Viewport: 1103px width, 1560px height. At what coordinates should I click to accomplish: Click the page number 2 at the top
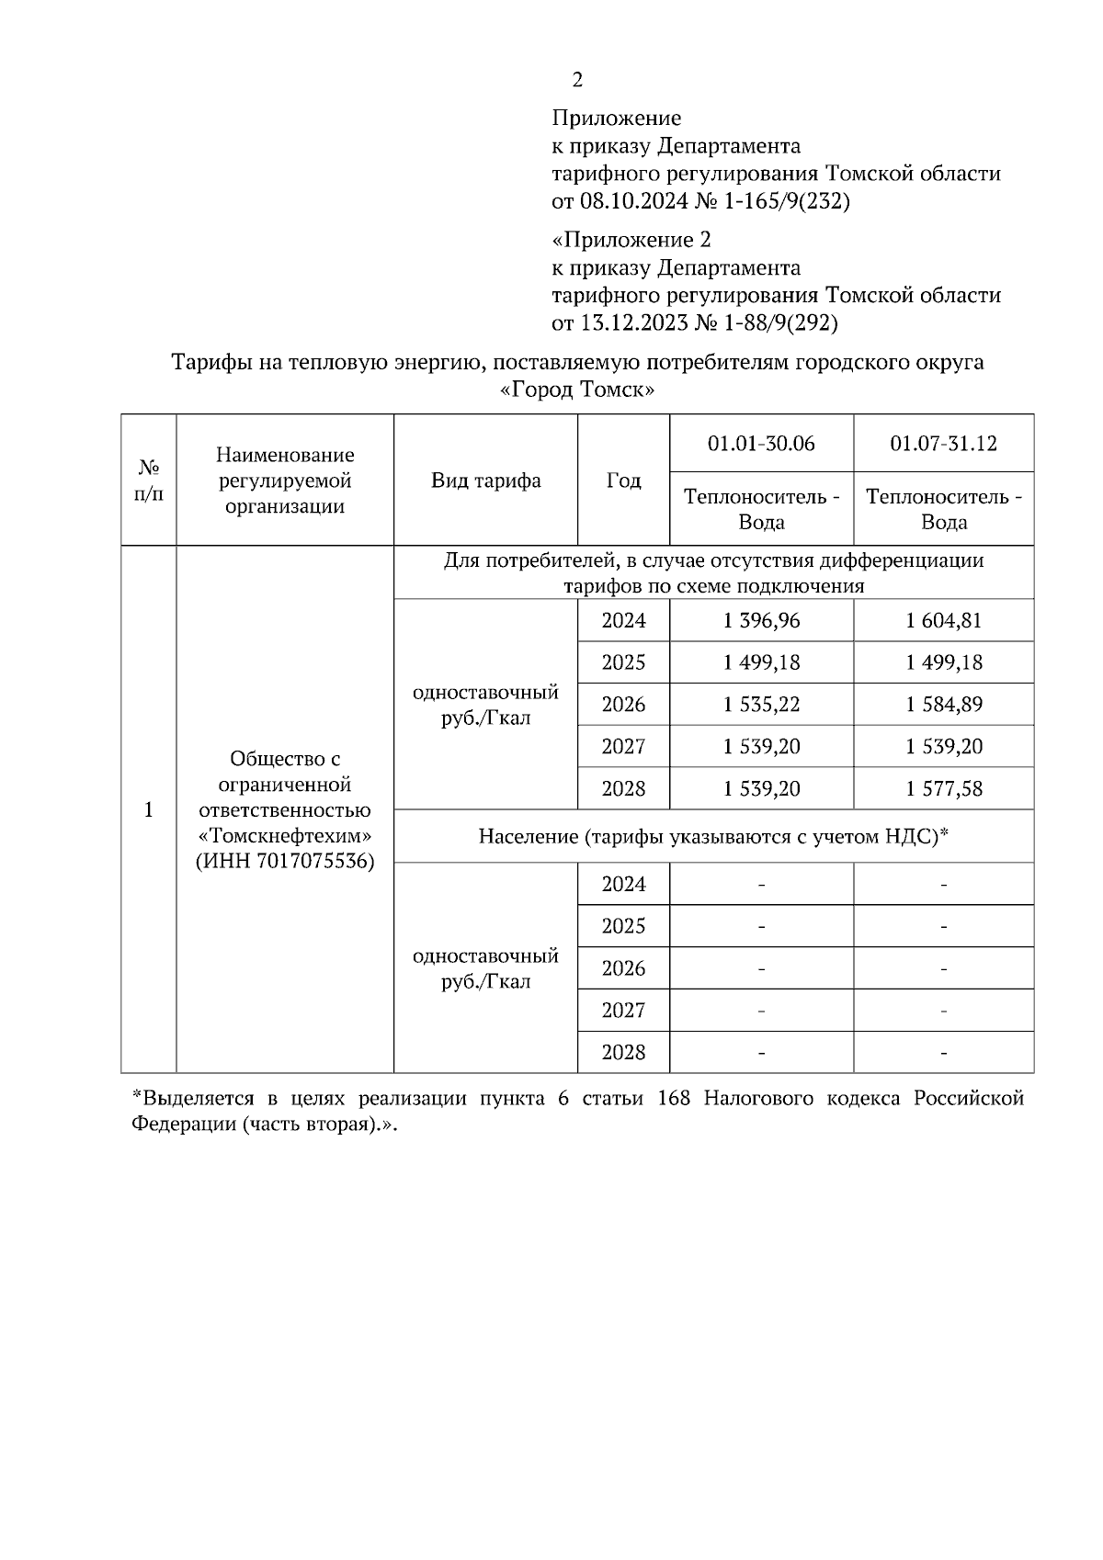(x=577, y=81)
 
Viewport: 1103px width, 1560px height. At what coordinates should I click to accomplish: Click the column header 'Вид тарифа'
(x=485, y=480)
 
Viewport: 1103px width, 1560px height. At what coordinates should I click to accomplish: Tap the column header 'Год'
(x=623, y=480)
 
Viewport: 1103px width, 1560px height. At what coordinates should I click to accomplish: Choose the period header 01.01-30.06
(x=761, y=444)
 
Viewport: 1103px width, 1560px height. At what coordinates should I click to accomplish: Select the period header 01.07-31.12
(x=943, y=444)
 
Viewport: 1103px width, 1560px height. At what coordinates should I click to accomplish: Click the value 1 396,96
(x=761, y=621)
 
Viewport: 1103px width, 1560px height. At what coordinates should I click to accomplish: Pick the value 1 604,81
(x=943, y=621)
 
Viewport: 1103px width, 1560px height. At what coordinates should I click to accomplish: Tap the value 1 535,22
(x=761, y=705)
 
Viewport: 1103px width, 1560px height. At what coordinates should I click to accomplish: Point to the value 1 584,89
(x=943, y=705)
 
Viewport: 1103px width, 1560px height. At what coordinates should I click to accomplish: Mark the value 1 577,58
(x=943, y=789)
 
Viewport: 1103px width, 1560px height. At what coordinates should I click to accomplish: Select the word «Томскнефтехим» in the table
(x=285, y=836)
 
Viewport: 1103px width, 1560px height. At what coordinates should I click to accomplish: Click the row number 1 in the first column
(x=148, y=810)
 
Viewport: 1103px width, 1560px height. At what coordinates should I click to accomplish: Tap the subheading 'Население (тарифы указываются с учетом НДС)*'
(x=713, y=837)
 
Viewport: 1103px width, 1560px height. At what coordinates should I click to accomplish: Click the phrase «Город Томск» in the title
(x=577, y=390)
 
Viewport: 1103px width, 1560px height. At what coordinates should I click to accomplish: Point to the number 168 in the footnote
(x=675, y=1099)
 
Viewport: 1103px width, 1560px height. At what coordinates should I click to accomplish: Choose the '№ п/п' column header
(x=148, y=480)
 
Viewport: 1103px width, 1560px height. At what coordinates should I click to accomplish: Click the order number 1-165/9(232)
(x=786, y=200)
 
